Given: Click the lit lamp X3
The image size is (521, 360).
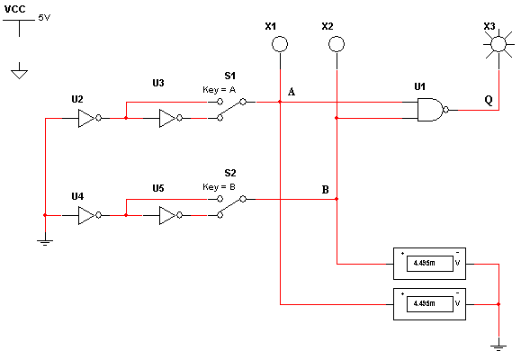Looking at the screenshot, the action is [499, 44].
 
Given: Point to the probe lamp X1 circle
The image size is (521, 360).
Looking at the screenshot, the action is [280, 44].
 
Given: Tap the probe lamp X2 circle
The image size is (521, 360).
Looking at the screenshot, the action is [337, 44].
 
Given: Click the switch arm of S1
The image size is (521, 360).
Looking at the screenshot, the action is [231, 110].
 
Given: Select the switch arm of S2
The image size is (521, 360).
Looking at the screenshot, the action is [231, 207].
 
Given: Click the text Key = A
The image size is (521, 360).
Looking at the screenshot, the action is [220, 90].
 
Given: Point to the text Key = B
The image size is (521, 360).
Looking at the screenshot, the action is [220, 187].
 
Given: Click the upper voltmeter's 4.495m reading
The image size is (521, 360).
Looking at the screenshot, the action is [425, 264].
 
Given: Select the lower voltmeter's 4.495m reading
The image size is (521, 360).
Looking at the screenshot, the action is [425, 303].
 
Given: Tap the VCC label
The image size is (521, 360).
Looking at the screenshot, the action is [15, 9].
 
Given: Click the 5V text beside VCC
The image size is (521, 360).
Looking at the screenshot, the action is [44, 18].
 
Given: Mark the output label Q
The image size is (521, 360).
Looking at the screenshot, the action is [489, 100].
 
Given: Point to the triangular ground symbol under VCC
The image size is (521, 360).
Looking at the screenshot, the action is [19, 74].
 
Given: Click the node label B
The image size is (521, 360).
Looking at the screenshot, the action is [326, 190].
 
